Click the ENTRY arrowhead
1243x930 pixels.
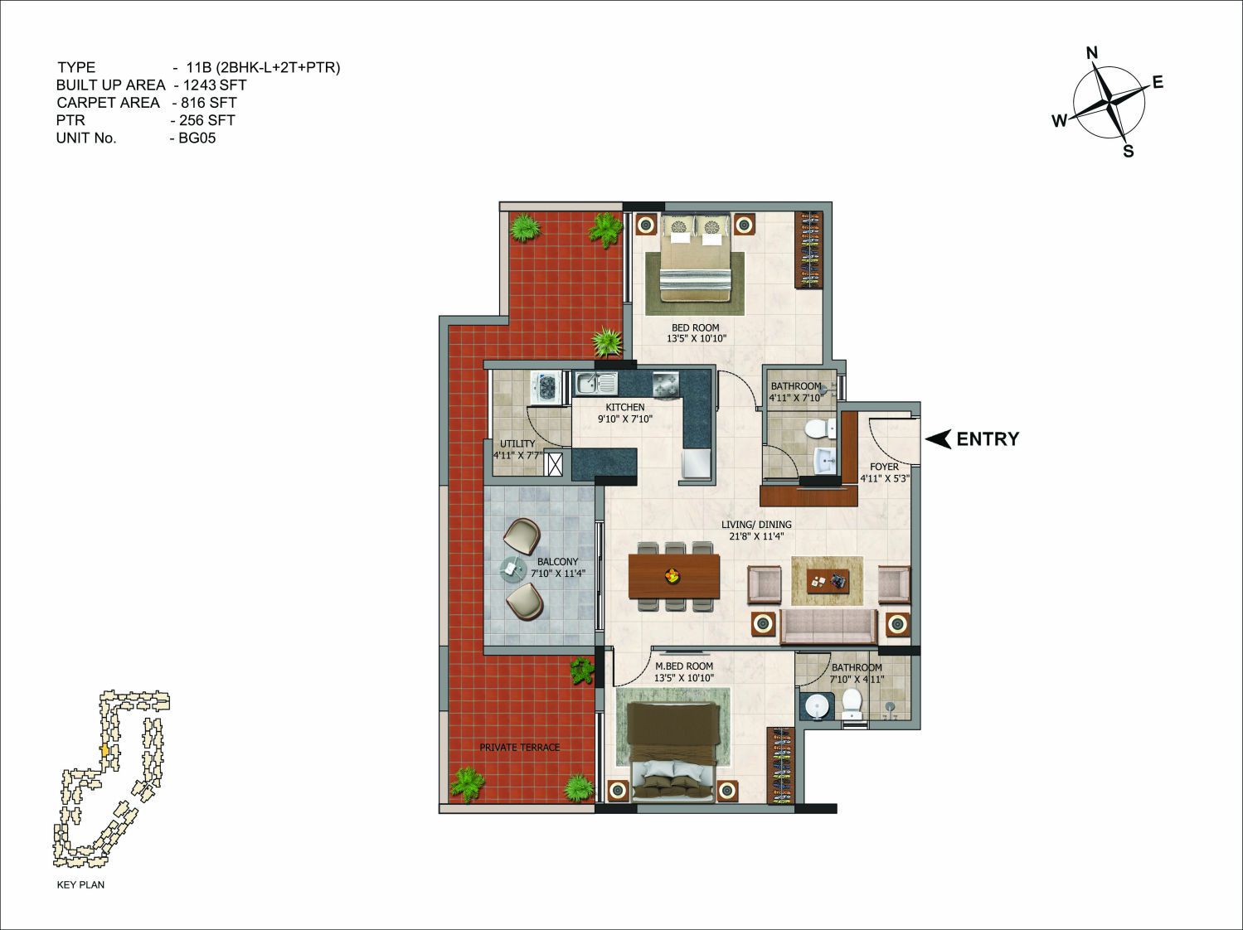[x=939, y=439]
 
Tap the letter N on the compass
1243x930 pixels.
[x=1092, y=53]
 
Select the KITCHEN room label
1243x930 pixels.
[x=625, y=407]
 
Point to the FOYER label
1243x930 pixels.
[x=884, y=467]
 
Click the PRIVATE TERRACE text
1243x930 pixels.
[x=519, y=747]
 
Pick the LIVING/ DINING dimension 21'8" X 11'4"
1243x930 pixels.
[x=756, y=536]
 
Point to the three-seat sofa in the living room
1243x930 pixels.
[x=828, y=627]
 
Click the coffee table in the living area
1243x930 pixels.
[x=828, y=580]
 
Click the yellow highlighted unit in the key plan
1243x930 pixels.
[x=104, y=750]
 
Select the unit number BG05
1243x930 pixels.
[x=197, y=138]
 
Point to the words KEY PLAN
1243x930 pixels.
[x=80, y=884]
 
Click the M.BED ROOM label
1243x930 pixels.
[x=684, y=666]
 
